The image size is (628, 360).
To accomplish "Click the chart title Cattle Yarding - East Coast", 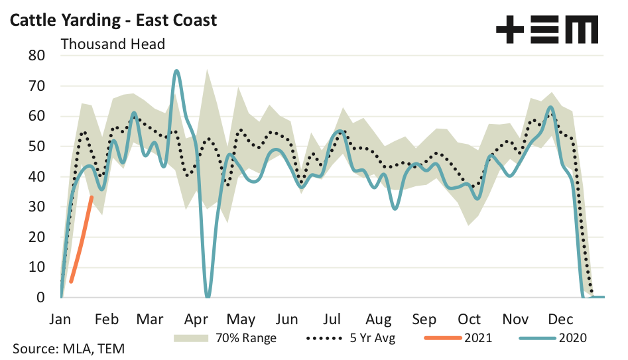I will pos(113,20).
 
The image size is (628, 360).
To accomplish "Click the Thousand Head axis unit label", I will pos(113,44).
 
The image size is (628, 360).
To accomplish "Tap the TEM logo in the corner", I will pos(547,30).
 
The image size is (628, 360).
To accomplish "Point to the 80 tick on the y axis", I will pos(35,56).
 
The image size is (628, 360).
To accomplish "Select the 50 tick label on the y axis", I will pos(35,147).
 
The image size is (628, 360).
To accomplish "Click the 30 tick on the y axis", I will pos(35,207).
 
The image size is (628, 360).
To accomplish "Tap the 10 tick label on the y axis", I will pos(35,267).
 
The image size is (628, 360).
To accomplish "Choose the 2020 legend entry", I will pos(570,337).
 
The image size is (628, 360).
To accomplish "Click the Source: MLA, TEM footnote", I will pos(68,348).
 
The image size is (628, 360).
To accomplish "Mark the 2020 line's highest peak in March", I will pos(176,70).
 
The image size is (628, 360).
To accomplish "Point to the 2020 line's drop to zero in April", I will pos(208,296).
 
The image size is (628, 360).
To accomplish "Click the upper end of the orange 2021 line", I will pos(92,197).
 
